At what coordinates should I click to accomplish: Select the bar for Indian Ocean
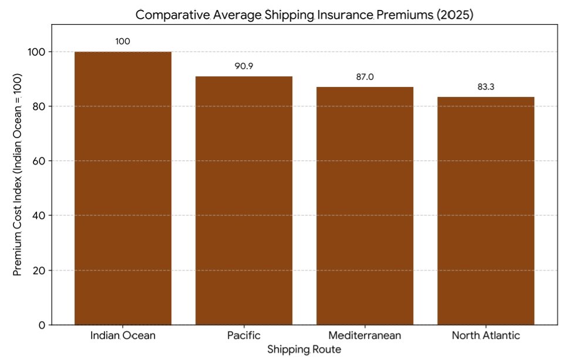point(123,188)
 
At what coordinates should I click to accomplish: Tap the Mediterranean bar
point(365,206)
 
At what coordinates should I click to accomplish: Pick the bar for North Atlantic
point(485,211)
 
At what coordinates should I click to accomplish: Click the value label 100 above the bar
point(123,42)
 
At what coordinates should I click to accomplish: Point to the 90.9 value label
point(244,66)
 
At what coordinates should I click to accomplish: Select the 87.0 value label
point(365,77)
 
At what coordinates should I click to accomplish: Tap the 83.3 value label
point(485,87)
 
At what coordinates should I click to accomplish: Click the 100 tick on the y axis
point(35,52)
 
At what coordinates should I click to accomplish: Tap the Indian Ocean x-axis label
point(123,337)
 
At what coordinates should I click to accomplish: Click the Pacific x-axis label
point(244,337)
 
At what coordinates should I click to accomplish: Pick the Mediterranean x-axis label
point(365,337)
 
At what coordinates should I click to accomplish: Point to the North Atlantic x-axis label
point(485,337)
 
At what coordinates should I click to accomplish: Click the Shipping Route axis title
point(304,349)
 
